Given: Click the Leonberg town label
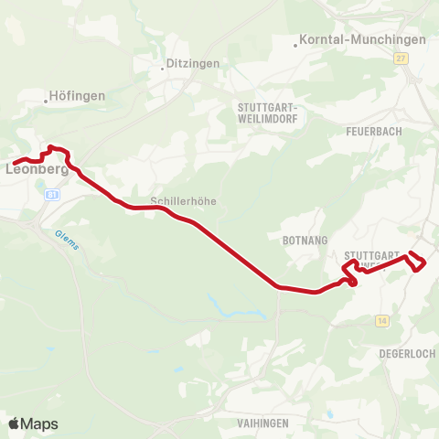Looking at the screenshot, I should pyautogui.click(x=38, y=169).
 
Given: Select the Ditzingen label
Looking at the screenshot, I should pyautogui.click(x=189, y=65).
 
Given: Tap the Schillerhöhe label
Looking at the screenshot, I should pyautogui.click(x=183, y=202).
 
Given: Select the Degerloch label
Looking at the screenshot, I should pyautogui.click(x=402, y=352).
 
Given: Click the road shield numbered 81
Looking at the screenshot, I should pyautogui.click(x=52, y=196).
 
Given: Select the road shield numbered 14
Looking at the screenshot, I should pyautogui.click(x=381, y=319).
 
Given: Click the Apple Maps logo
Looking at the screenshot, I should pyautogui.click(x=33, y=423).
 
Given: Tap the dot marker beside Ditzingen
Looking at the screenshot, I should pyautogui.click(x=162, y=66).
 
